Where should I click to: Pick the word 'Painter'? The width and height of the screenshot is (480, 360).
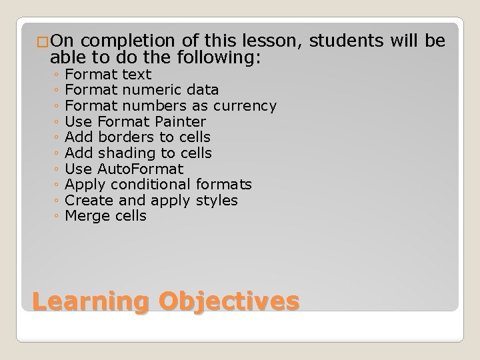[x=181, y=121]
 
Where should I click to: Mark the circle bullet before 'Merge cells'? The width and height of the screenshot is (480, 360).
[x=59, y=217]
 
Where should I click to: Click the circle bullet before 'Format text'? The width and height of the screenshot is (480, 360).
[x=59, y=75]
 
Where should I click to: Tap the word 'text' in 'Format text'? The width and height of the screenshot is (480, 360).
[x=137, y=74]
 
